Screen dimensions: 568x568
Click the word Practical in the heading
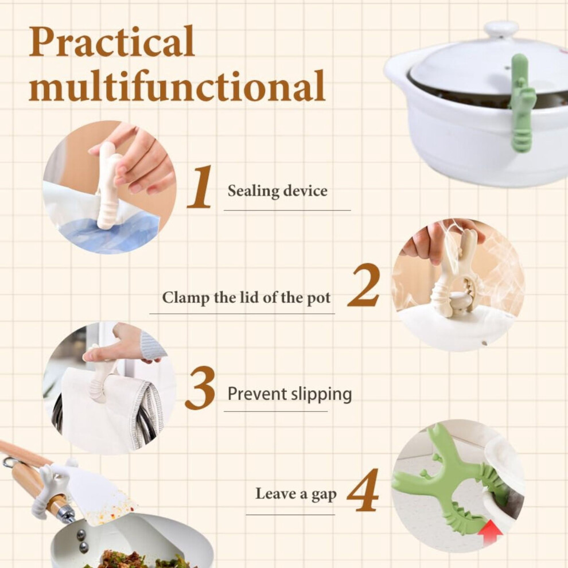click(111, 42)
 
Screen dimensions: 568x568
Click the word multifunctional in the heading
click(177, 85)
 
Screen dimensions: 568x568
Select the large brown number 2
click(364, 285)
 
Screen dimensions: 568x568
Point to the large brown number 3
click(200, 388)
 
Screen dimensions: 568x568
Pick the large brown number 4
click(363, 490)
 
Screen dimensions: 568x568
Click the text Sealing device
click(278, 191)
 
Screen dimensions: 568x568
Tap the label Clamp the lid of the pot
click(246, 298)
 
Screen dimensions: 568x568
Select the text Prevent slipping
click(290, 394)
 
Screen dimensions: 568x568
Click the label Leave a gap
click(296, 494)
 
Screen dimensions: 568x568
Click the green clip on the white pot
click(520, 103)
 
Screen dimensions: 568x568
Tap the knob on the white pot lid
click(501, 29)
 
